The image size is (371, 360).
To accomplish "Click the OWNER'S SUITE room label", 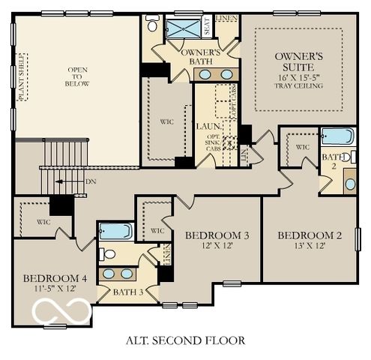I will [x=298, y=61].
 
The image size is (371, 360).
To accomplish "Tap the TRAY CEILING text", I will [x=298, y=86].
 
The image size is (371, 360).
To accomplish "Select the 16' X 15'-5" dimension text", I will [x=298, y=77].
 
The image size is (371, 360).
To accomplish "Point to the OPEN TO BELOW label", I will [x=78, y=76].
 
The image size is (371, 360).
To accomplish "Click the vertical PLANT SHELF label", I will [x=22, y=76].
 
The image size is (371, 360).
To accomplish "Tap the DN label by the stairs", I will [x=91, y=181].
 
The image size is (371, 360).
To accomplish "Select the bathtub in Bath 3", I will [x=115, y=231].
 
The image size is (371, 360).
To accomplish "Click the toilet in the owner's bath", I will [x=152, y=25].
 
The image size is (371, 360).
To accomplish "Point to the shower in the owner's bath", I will [x=182, y=30].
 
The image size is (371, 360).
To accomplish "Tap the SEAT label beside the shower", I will [x=208, y=28].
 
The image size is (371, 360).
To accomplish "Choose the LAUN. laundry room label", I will [x=207, y=127].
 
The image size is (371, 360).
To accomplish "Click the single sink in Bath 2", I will [x=350, y=184].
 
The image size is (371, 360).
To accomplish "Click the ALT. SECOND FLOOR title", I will [x=185, y=340].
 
